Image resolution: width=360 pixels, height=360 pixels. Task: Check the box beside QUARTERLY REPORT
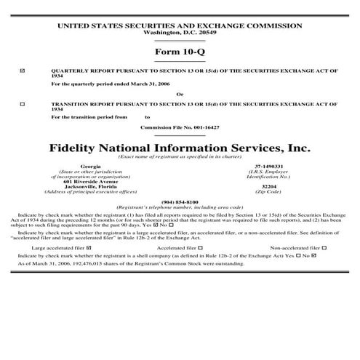tap(23, 71)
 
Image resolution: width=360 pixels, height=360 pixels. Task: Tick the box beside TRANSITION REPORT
tap(23, 104)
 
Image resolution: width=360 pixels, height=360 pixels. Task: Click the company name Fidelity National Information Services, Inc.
tap(180, 147)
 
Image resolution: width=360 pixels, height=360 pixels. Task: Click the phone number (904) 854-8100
tap(180, 201)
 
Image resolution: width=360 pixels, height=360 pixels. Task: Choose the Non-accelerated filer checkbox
tap(324, 248)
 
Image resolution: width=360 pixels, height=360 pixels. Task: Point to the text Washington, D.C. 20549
tap(180, 33)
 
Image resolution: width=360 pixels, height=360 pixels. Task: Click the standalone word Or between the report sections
tap(180, 94)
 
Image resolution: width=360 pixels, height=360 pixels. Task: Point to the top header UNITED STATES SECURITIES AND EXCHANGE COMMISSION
tap(180, 26)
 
